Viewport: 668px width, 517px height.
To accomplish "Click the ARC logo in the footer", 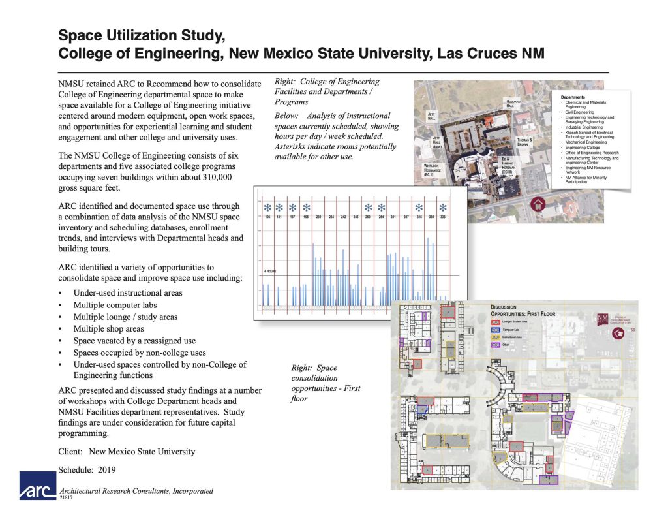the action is pyautogui.click(x=38, y=486).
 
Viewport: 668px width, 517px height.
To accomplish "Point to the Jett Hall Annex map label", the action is pyautogui.click(x=436, y=142).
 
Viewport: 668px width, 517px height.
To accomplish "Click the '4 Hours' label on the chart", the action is pyautogui.click(x=269, y=270).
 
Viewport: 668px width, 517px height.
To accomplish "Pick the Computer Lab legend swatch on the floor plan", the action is pyautogui.click(x=495, y=330).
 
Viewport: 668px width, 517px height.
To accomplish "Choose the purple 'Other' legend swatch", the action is pyautogui.click(x=495, y=344).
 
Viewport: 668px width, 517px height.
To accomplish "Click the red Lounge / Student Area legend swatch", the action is pyautogui.click(x=495, y=324).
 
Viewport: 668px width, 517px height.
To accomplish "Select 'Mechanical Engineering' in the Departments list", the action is pyautogui.click(x=586, y=142).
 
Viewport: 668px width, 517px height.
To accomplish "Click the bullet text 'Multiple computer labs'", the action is pyautogui.click(x=115, y=305).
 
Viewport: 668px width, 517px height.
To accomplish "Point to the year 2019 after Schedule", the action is pyautogui.click(x=108, y=469).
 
